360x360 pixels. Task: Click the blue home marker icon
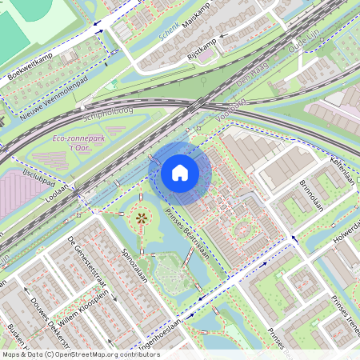pyautogui.click(x=180, y=173)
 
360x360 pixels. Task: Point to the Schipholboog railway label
pyautogui.click(x=119, y=116)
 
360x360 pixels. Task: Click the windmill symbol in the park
pyautogui.click(x=142, y=218)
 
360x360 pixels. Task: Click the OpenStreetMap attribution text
pyautogui.click(x=80, y=354)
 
